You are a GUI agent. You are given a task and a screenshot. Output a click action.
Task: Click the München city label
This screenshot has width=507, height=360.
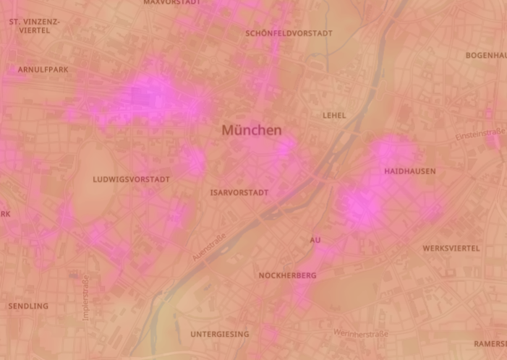(x=252, y=131)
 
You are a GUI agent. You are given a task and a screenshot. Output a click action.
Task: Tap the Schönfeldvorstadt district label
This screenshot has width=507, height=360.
(x=289, y=33)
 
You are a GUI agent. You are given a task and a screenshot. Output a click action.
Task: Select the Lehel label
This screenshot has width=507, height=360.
(x=334, y=115)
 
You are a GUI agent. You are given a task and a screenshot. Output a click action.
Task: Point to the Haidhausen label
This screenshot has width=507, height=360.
(x=410, y=171)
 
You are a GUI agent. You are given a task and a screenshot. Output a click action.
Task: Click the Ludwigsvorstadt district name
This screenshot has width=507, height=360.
(x=132, y=179)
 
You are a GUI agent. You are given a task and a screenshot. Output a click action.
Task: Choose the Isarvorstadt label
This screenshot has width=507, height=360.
(x=239, y=193)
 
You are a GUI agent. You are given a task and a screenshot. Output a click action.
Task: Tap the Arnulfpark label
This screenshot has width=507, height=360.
(x=43, y=69)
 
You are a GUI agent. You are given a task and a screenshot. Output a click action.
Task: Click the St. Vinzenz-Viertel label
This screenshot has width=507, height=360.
(x=34, y=26)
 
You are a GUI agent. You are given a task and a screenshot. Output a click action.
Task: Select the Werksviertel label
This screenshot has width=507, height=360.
(x=451, y=248)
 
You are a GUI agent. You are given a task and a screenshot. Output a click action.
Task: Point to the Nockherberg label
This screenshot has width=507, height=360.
(x=287, y=275)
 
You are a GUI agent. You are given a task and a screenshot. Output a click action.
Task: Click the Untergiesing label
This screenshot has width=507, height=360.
(x=220, y=334)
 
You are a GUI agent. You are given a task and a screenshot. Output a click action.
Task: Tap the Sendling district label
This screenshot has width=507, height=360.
(x=28, y=306)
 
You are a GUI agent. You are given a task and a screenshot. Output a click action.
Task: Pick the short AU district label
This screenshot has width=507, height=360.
(x=315, y=240)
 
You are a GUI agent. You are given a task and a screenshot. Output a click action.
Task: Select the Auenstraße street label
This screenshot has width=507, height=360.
(x=210, y=246)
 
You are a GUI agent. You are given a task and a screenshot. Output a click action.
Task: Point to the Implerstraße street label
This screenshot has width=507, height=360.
(x=86, y=297)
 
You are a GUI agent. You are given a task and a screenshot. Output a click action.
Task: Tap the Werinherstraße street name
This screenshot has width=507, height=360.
(x=361, y=333)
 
